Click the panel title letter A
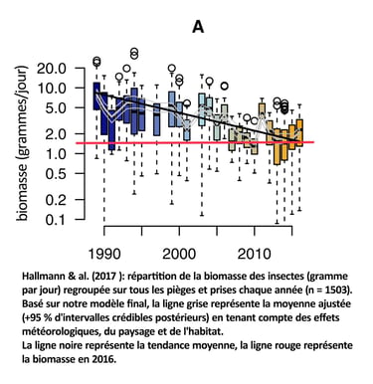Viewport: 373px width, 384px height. click(197, 26)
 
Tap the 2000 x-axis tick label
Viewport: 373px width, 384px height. click(181, 249)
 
